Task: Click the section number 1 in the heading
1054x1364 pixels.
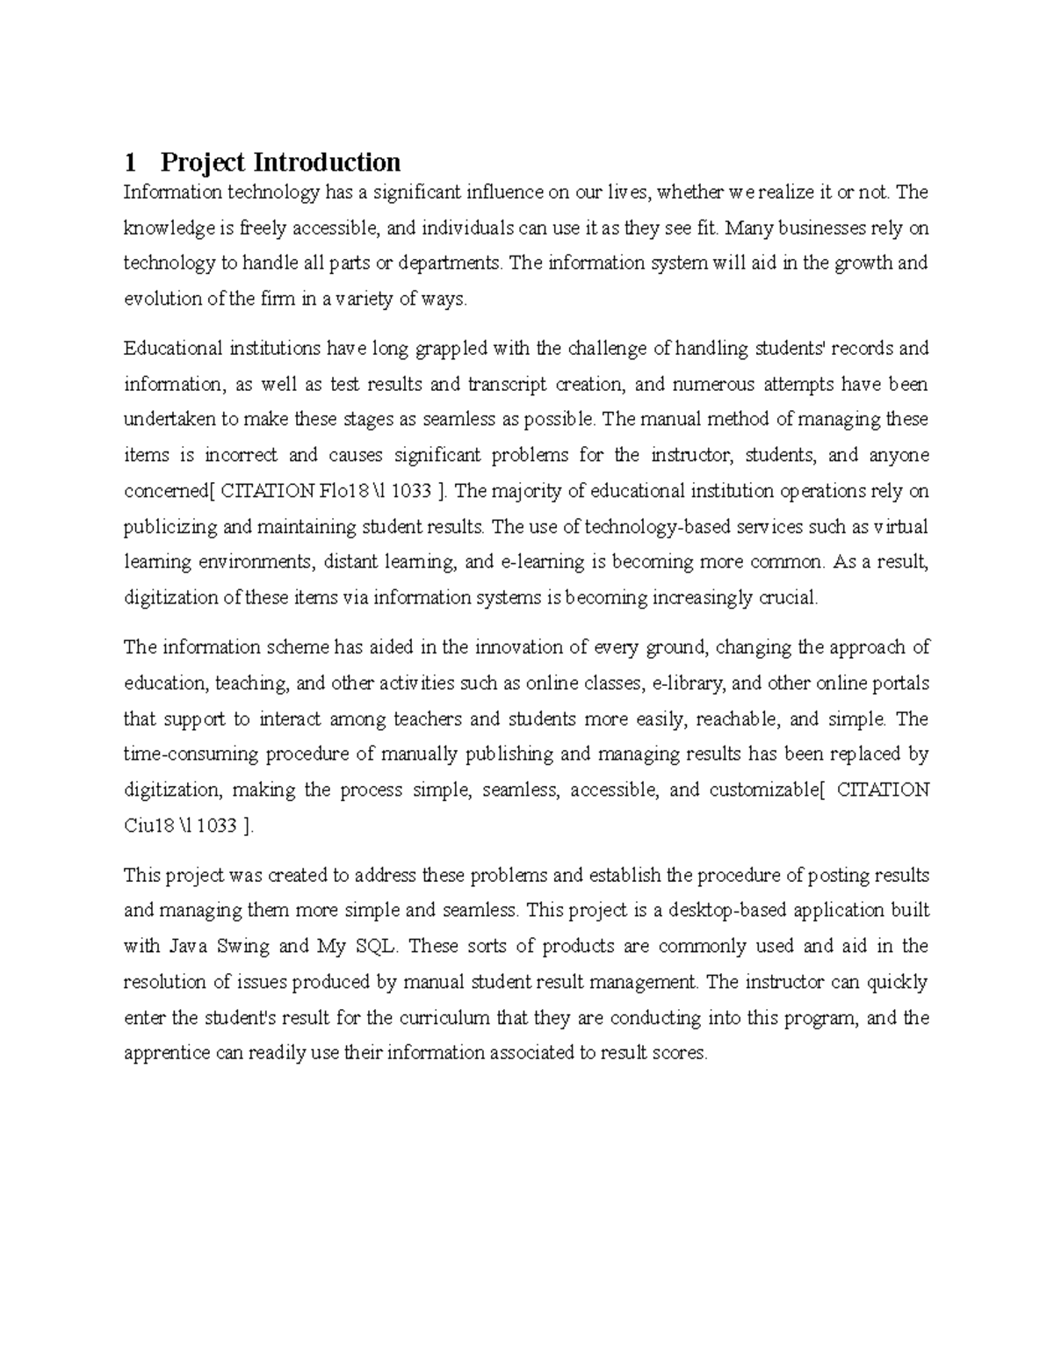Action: pyautogui.click(x=131, y=162)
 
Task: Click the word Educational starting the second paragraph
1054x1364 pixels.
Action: pyautogui.click(x=172, y=349)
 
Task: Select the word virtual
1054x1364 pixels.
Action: pyautogui.click(x=899, y=527)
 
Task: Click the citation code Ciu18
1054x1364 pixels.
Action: pyautogui.click(x=148, y=826)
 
